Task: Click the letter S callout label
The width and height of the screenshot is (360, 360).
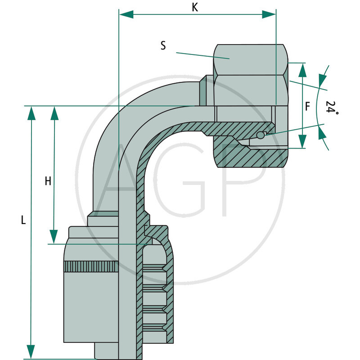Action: tap(163, 45)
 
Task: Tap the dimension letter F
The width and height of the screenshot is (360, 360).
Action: tap(308, 107)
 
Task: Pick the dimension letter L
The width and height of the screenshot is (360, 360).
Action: tap(23, 220)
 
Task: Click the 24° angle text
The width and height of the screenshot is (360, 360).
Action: tap(332, 108)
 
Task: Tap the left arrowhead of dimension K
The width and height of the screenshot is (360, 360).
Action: tap(126, 14)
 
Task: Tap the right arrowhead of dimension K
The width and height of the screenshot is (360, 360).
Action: tap(269, 14)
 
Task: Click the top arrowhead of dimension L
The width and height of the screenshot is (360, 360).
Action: tap(31, 113)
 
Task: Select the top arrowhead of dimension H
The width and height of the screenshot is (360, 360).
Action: tap(54, 113)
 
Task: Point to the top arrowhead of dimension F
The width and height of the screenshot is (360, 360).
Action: tap(302, 70)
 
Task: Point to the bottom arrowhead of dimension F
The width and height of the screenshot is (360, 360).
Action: tap(302, 141)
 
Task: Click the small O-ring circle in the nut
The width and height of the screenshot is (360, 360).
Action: tap(261, 135)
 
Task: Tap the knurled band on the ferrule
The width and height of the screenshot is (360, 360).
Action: tap(91, 266)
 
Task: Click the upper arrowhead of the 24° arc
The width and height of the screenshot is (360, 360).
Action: tap(322, 80)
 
